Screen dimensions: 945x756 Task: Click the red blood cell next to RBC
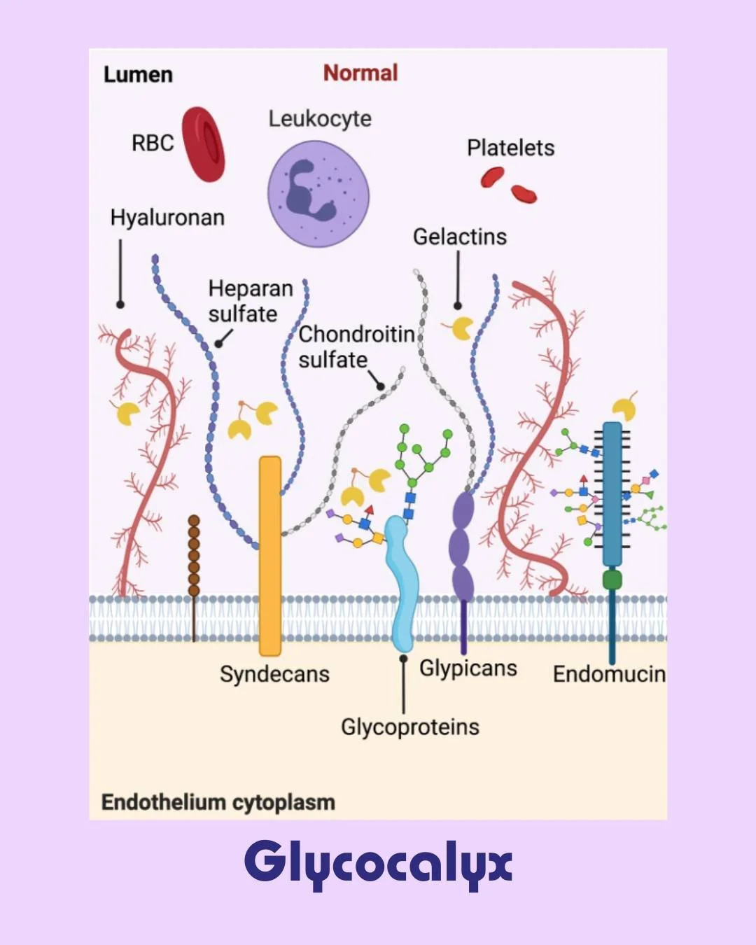click(x=204, y=144)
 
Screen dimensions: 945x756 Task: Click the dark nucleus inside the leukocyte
click(x=307, y=189)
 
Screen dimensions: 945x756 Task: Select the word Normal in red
click(x=360, y=73)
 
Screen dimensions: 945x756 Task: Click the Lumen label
click(x=138, y=74)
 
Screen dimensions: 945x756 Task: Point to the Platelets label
click(x=510, y=148)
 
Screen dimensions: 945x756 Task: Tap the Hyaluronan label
click(x=167, y=218)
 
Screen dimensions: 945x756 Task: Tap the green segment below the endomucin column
click(x=612, y=579)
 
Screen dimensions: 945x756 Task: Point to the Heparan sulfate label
click(x=250, y=301)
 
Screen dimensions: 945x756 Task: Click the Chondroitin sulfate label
click(x=356, y=346)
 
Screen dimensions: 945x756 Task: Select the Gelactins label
click(x=459, y=237)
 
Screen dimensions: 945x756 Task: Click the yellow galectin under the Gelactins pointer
click(x=462, y=328)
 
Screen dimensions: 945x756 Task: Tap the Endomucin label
click(x=609, y=674)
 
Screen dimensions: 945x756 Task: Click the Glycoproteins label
click(x=409, y=727)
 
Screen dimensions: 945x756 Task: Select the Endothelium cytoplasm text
click(x=218, y=802)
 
